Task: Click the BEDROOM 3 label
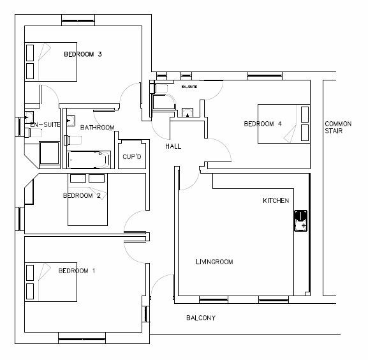click(x=83, y=54)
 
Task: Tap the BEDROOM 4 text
click(x=263, y=124)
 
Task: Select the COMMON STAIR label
click(x=338, y=127)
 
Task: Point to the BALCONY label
click(x=201, y=318)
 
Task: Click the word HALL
click(x=173, y=146)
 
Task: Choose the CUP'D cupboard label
click(x=132, y=156)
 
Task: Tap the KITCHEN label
click(x=276, y=200)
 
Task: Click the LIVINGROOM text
click(x=214, y=262)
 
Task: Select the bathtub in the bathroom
click(x=89, y=160)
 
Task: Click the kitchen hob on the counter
click(x=300, y=221)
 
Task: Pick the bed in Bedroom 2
click(x=87, y=199)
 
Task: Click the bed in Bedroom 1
click(x=51, y=282)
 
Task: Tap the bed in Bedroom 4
click(x=284, y=124)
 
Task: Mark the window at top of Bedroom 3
click(x=78, y=20)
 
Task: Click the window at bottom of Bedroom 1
click(x=82, y=339)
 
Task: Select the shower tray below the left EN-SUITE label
click(x=50, y=153)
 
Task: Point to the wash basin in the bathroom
click(x=71, y=121)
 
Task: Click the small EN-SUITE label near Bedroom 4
click(x=189, y=87)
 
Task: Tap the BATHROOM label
click(x=97, y=128)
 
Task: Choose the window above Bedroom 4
click(x=265, y=76)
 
